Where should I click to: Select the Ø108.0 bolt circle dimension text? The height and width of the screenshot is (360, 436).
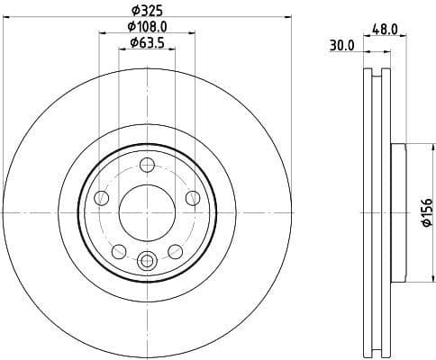[147, 26]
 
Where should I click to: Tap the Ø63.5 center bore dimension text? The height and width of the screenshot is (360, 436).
[147, 41]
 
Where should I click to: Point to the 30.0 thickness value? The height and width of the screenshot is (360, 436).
[341, 46]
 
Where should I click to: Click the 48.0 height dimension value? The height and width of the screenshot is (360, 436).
[385, 29]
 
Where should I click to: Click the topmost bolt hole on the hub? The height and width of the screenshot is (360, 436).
[148, 166]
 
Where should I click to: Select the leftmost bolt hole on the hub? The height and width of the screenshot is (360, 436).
[102, 198]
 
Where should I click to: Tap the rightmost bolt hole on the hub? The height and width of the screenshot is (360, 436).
[193, 198]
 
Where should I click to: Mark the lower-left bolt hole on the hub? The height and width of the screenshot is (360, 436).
[119, 251]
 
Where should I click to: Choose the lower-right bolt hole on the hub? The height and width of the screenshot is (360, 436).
[176, 251]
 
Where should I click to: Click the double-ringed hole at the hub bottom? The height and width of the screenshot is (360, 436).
[148, 261]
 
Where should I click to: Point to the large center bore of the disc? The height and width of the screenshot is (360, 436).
[147, 212]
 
